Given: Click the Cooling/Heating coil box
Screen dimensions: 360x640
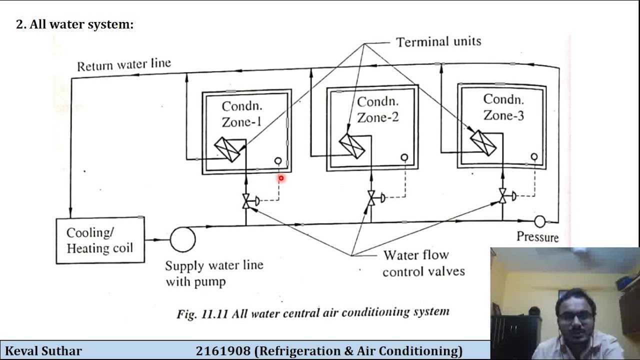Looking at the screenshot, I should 100,240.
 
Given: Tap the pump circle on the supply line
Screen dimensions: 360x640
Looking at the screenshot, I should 182,239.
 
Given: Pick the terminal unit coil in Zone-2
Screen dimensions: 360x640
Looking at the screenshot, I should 352,145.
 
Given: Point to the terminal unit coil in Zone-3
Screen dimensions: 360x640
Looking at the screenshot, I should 483,142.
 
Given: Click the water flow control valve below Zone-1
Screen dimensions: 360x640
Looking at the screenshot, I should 246,201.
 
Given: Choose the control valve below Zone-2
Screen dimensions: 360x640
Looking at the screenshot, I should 371,198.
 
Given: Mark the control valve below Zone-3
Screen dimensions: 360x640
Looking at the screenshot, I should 502,196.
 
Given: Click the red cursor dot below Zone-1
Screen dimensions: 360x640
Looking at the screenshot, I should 281,178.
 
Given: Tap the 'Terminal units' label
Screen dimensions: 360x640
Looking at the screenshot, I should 438,41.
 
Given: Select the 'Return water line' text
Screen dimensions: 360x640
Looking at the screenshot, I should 123,65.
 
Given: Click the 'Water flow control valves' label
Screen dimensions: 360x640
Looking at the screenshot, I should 423,263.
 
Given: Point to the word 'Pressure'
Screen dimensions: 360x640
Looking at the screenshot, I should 537,237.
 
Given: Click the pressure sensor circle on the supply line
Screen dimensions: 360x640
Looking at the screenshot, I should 539,221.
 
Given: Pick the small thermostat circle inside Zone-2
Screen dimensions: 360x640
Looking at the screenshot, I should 404,157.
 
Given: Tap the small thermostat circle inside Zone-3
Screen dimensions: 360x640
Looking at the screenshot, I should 534,157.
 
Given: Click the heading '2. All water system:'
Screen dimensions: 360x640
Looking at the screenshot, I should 75,24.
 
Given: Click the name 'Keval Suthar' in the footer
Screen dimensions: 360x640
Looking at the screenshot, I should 43,351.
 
